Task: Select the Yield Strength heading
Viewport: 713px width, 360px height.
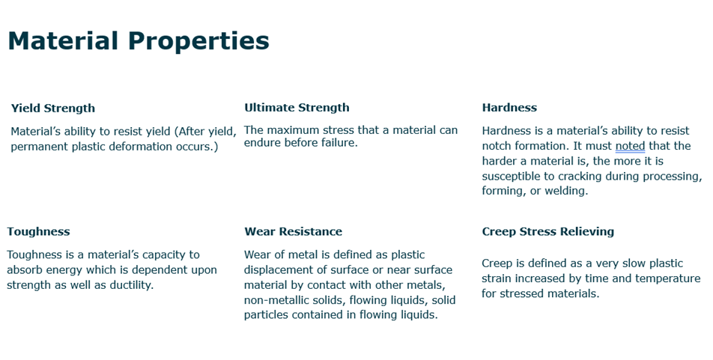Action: (x=53, y=109)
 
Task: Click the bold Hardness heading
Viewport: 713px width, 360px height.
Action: (x=509, y=107)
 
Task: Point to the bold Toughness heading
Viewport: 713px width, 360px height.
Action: (x=39, y=232)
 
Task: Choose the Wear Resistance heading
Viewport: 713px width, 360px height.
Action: (x=294, y=231)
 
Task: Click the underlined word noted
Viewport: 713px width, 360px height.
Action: (x=631, y=146)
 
